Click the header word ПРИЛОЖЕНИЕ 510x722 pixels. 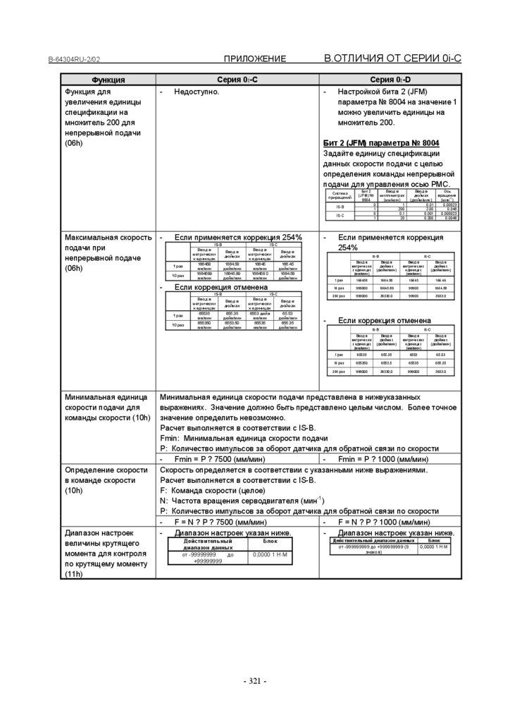(255, 59)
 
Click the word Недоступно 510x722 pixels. (197, 92)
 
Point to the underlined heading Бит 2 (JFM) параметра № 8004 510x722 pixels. (381, 142)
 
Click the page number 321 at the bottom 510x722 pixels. (254, 681)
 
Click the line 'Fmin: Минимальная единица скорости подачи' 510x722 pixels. (244, 438)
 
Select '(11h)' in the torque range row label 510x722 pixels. (74, 574)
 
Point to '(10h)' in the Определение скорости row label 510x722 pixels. (74, 490)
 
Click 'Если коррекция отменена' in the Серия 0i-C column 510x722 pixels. (220, 287)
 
